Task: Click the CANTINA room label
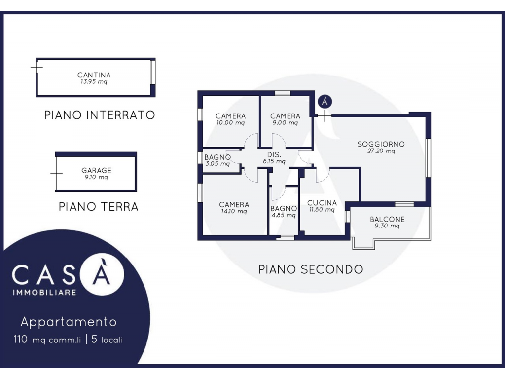click(x=94, y=75)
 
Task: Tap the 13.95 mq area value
click(x=94, y=82)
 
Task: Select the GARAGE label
click(x=96, y=170)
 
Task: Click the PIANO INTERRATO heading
click(x=100, y=115)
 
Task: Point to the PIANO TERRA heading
click(x=99, y=207)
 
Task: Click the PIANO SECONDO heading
click(x=311, y=269)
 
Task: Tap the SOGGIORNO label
click(x=381, y=144)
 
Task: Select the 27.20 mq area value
click(x=381, y=151)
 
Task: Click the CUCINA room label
click(x=322, y=203)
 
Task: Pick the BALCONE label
click(x=387, y=219)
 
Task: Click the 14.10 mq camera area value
click(x=234, y=211)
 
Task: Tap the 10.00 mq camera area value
click(x=231, y=123)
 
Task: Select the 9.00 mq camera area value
click(x=286, y=123)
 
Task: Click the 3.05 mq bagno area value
click(x=217, y=164)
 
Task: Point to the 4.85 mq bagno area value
click(x=284, y=215)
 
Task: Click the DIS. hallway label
click(x=274, y=155)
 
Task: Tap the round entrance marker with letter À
click(x=325, y=102)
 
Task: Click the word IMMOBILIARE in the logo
click(x=44, y=293)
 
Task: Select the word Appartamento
click(x=69, y=322)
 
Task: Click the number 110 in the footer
click(x=20, y=340)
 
